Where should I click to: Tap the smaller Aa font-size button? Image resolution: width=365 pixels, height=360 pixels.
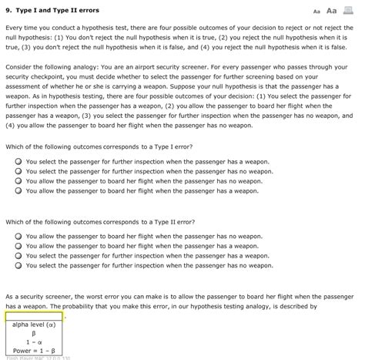[316, 12]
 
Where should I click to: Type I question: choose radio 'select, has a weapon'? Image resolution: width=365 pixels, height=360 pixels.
[18, 162]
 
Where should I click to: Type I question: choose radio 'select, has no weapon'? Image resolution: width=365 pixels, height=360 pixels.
[18, 171]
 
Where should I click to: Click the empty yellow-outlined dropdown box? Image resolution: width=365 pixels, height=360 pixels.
[34, 316]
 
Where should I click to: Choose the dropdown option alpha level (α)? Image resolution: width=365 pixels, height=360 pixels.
[34, 326]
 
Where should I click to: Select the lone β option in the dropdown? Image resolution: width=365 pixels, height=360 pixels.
[34, 335]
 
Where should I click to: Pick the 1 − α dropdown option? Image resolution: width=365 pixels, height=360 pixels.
[34, 344]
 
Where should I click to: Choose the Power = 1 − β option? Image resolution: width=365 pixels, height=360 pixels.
[34, 353]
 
